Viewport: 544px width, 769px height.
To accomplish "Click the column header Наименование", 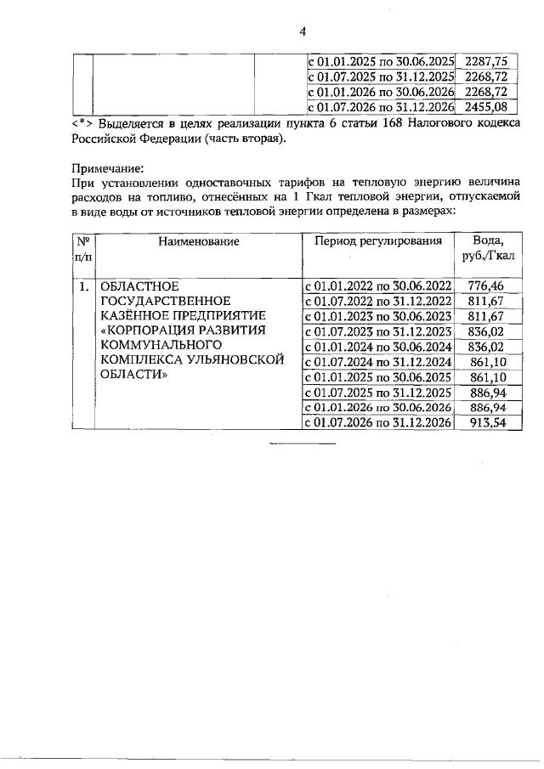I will [x=197, y=241].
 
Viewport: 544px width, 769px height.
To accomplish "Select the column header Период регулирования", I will [x=378, y=241].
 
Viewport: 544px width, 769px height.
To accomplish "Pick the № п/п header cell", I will [x=83, y=249].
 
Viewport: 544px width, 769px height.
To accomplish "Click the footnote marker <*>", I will [x=82, y=124].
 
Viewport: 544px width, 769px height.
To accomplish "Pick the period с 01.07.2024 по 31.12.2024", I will [x=378, y=362].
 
